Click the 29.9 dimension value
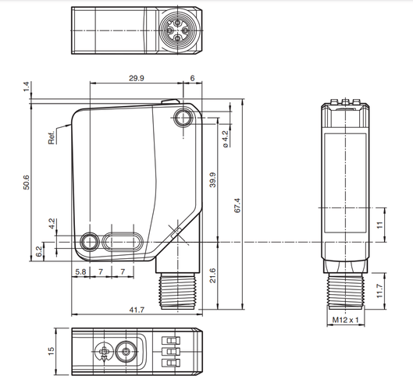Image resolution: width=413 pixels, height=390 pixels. coord(137,78)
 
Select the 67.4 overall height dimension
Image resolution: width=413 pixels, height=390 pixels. coord(237,205)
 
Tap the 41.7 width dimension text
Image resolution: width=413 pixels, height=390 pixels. coord(137,310)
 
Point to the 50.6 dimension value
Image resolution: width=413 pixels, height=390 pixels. coord(27,183)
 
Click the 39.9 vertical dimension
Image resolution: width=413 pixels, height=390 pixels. coord(212,180)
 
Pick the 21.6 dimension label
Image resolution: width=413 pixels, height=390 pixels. coord(212,275)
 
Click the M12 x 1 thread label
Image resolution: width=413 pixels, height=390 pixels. coord(345,320)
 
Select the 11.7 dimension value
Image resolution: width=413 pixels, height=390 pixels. coord(379,291)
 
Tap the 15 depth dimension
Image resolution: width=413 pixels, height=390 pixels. coord(51,351)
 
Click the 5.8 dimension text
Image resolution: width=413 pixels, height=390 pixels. coord(80,271)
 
